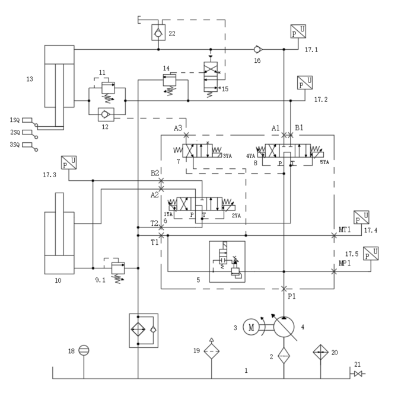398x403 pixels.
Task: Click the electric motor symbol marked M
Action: pyautogui.click(x=251, y=327)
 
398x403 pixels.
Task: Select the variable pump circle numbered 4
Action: pyautogui.click(x=284, y=327)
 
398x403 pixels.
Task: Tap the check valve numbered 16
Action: pyautogui.click(x=257, y=49)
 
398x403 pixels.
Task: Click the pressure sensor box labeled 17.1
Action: pyautogui.click(x=298, y=31)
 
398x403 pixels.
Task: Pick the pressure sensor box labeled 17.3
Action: pyautogui.click(x=69, y=162)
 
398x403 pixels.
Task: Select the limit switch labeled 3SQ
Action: pyautogui.click(x=30, y=146)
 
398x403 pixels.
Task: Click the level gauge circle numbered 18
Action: pyautogui.click(x=84, y=350)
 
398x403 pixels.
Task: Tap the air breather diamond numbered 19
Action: pyautogui.click(x=212, y=351)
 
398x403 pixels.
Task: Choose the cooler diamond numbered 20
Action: pyautogui.click(x=320, y=352)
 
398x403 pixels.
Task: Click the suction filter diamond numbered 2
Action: pyautogui.click(x=284, y=356)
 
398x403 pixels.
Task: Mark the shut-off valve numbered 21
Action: pyautogui.click(x=358, y=374)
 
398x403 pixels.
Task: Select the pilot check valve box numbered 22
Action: pyautogui.click(x=158, y=33)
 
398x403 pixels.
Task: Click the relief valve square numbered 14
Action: pyautogui.click(x=170, y=80)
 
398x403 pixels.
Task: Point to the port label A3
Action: pyautogui.click(x=178, y=128)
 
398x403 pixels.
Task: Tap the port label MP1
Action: pyautogui.click(x=345, y=263)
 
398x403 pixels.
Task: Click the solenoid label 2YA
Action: pyautogui.click(x=236, y=216)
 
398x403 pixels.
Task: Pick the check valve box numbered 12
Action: pyautogui.click(x=106, y=114)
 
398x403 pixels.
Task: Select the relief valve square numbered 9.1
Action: pyautogui.click(x=118, y=268)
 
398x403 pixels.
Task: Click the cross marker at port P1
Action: pyautogui.click(x=284, y=289)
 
